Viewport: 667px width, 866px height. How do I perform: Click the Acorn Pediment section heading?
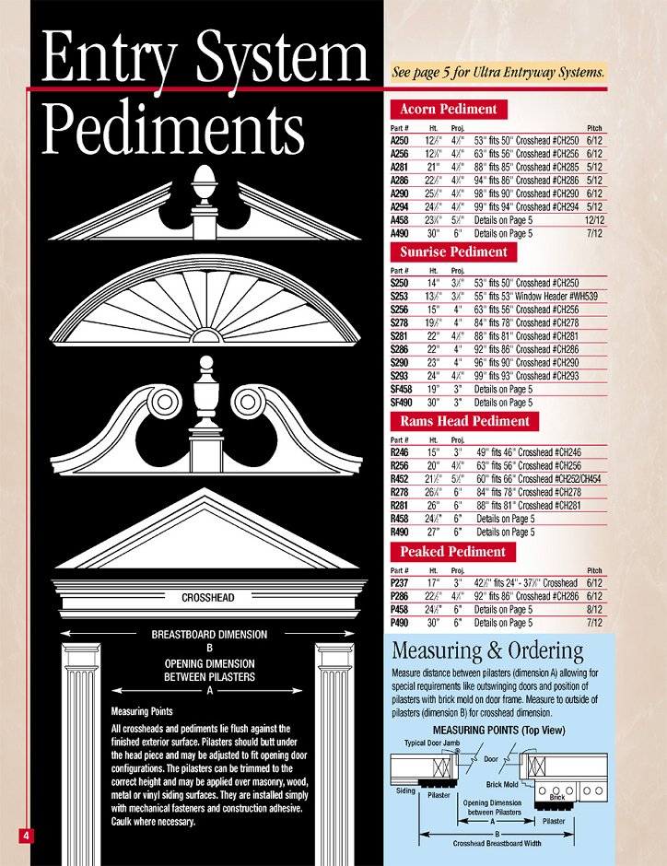448,109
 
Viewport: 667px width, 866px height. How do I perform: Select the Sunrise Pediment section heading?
452,252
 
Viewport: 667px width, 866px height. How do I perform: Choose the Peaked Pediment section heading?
452,552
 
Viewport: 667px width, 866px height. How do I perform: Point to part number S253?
401,297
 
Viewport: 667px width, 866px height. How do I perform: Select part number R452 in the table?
401,479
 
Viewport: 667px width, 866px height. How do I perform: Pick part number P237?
401,583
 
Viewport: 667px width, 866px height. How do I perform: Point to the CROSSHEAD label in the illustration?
207,598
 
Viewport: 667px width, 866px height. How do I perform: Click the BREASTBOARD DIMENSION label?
209,635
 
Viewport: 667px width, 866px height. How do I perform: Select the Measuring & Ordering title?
487,651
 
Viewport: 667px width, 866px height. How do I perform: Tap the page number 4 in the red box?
27,835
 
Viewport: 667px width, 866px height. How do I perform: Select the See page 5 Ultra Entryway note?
498,72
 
